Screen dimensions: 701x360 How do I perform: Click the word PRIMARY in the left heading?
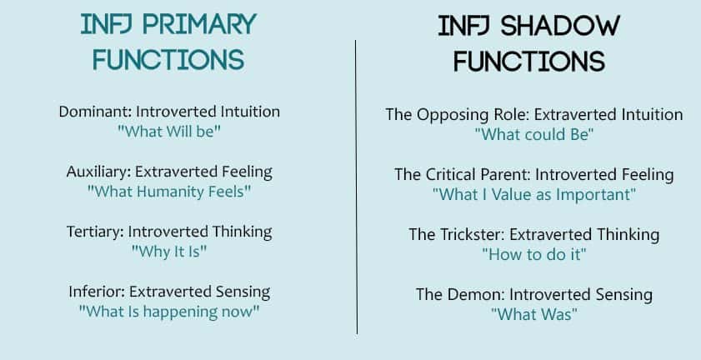click(x=199, y=25)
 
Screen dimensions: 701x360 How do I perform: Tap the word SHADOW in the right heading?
click(x=560, y=27)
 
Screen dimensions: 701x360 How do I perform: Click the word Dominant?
click(x=95, y=112)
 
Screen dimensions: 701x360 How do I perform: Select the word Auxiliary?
click(x=99, y=172)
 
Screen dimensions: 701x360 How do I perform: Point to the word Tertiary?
click(x=95, y=232)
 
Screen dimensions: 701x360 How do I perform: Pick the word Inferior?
click(x=97, y=292)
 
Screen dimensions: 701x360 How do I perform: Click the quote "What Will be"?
click(x=169, y=132)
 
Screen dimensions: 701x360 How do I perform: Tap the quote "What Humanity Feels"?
click(x=169, y=192)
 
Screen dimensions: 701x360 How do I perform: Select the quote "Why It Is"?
click(x=169, y=252)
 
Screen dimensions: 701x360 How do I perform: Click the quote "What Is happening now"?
click(x=169, y=312)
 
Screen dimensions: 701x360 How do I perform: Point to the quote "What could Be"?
click(x=534, y=135)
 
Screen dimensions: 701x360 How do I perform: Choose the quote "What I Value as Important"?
click(x=534, y=194)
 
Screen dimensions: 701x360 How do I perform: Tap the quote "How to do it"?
click(x=534, y=254)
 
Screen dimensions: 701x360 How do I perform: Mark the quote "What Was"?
click(x=534, y=314)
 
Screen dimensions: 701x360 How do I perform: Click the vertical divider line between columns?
click(x=356, y=187)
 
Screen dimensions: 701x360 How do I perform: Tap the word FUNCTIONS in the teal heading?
click(x=168, y=59)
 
